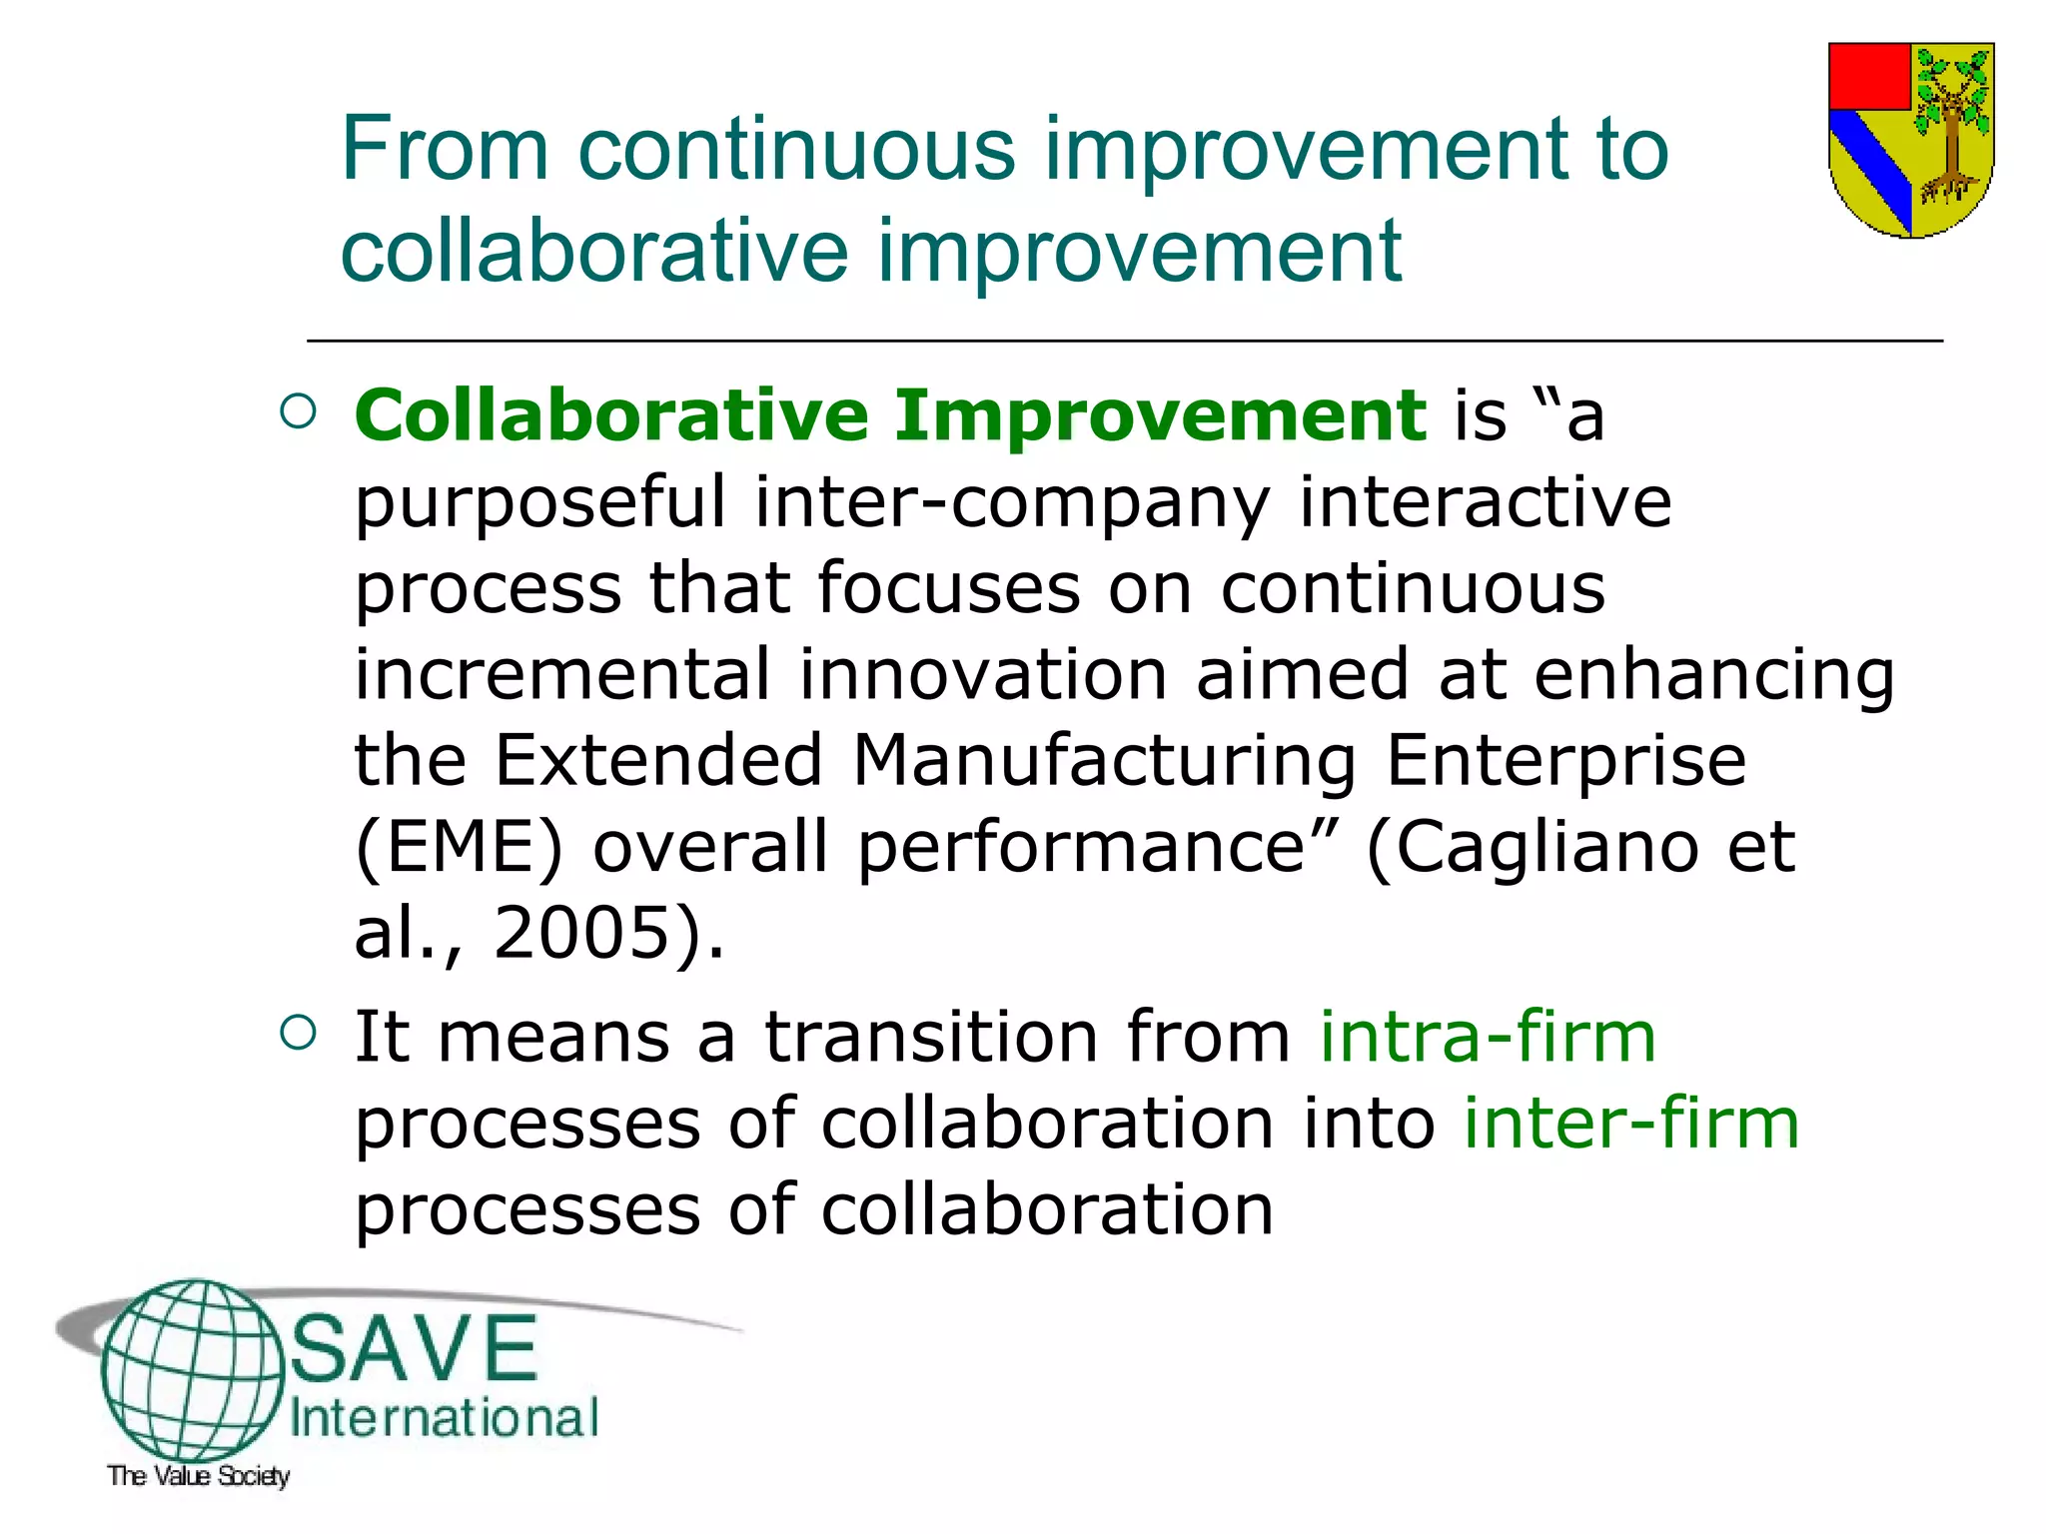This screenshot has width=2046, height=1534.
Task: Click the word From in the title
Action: (445, 150)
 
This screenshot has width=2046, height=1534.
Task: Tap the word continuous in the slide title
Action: (796, 150)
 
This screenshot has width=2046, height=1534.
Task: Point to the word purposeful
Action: (540, 502)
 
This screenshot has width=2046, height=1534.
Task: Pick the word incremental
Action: (562, 674)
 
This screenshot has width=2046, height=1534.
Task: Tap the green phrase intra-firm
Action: (1488, 1037)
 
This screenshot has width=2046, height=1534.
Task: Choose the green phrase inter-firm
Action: (1631, 1124)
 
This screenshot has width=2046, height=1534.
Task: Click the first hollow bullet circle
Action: (299, 411)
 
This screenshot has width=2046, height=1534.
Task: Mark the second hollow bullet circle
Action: (299, 1033)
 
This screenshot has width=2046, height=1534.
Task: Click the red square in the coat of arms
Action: (1869, 76)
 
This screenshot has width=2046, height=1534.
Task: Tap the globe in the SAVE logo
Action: (193, 1368)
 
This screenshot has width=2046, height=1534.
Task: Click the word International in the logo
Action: (445, 1419)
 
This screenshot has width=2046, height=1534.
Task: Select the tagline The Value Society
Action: (199, 1476)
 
